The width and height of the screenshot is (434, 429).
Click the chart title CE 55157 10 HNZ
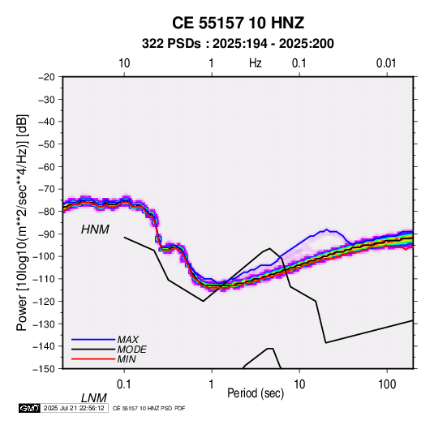[x=238, y=23]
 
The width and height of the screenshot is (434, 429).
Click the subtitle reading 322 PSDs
[x=171, y=44]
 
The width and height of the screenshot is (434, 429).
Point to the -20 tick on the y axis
[x=46, y=77]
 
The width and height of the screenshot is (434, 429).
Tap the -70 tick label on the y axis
[x=46, y=189]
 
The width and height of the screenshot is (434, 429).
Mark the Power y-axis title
[x=22, y=223]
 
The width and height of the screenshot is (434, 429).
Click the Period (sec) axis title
[x=256, y=393]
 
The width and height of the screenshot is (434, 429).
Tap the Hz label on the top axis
[x=256, y=63]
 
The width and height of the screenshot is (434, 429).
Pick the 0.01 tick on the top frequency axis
[x=386, y=63]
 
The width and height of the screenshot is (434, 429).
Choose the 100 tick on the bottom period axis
[x=387, y=384]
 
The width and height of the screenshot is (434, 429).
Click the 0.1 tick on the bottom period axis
[x=124, y=384]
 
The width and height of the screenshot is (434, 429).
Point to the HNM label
[x=95, y=230]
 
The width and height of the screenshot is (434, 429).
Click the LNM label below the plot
[x=93, y=398]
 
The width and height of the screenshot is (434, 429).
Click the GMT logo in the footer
[x=29, y=408]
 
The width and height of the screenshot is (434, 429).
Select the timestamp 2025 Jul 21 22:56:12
[x=74, y=408]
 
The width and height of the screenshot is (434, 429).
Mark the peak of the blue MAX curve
[x=327, y=230]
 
